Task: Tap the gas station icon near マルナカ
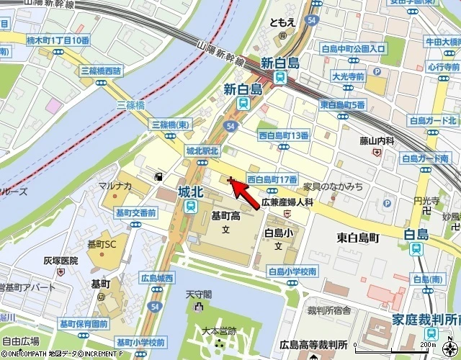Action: [158, 176]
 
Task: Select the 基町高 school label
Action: [225, 215]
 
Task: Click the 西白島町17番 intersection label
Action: [273, 179]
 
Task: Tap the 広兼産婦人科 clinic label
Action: [287, 203]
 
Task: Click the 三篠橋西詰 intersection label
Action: [102, 71]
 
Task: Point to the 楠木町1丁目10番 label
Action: [57, 40]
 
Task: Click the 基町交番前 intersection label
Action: [136, 212]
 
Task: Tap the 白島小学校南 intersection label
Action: [292, 271]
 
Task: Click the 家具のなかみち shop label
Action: [333, 186]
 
